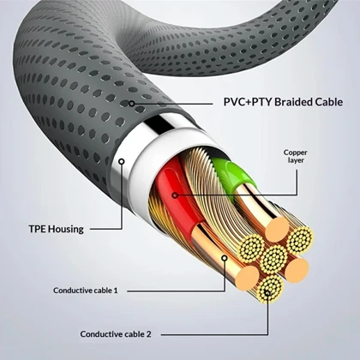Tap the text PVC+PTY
pyautogui.click(x=248, y=102)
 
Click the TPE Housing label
pyautogui.click(x=57, y=229)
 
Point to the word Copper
pyautogui.click(x=296, y=153)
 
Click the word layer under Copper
pyautogui.click(x=296, y=160)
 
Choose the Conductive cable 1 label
pyautogui.click(x=86, y=291)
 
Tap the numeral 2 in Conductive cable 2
pyautogui.click(x=149, y=334)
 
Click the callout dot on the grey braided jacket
pyautogui.click(x=131, y=104)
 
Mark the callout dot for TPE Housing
pyautogui.click(x=122, y=161)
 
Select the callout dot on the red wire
pyautogui.click(x=175, y=195)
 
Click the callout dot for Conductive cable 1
pyautogui.click(x=225, y=258)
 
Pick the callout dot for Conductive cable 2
pyautogui.click(x=267, y=292)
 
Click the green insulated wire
pyautogui.click(x=231, y=175)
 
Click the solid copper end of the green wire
pyautogui.click(x=277, y=230)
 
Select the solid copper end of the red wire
pyautogui.click(x=248, y=278)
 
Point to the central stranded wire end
pyautogui.click(x=273, y=259)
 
